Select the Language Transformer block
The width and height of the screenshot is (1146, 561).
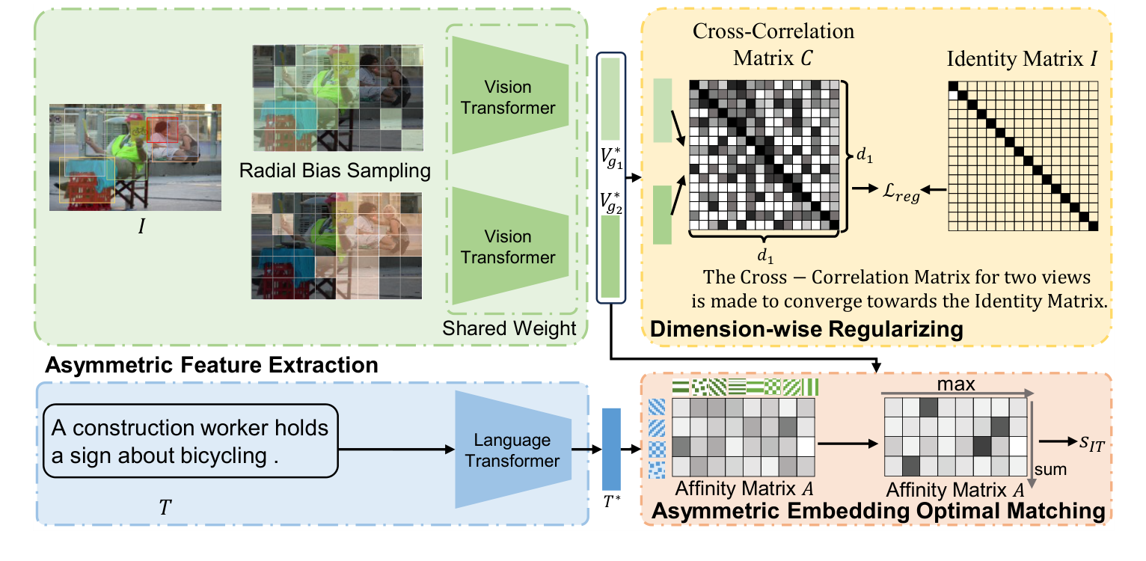pyautogui.click(x=511, y=450)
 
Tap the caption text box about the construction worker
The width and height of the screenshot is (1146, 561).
pyautogui.click(x=191, y=441)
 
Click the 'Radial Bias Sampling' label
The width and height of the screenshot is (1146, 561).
pyautogui.click(x=335, y=171)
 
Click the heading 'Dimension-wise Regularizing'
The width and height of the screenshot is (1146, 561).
pyautogui.click(x=806, y=328)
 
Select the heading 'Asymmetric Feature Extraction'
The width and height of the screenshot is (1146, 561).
pyautogui.click(x=212, y=365)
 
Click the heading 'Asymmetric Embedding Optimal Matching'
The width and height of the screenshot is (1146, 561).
pyautogui.click(x=879, y=512)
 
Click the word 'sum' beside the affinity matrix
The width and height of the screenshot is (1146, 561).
pyautogui.click(x=1049, y=470)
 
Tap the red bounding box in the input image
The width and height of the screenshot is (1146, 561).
pyautogui.click(x=162, y=129)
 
